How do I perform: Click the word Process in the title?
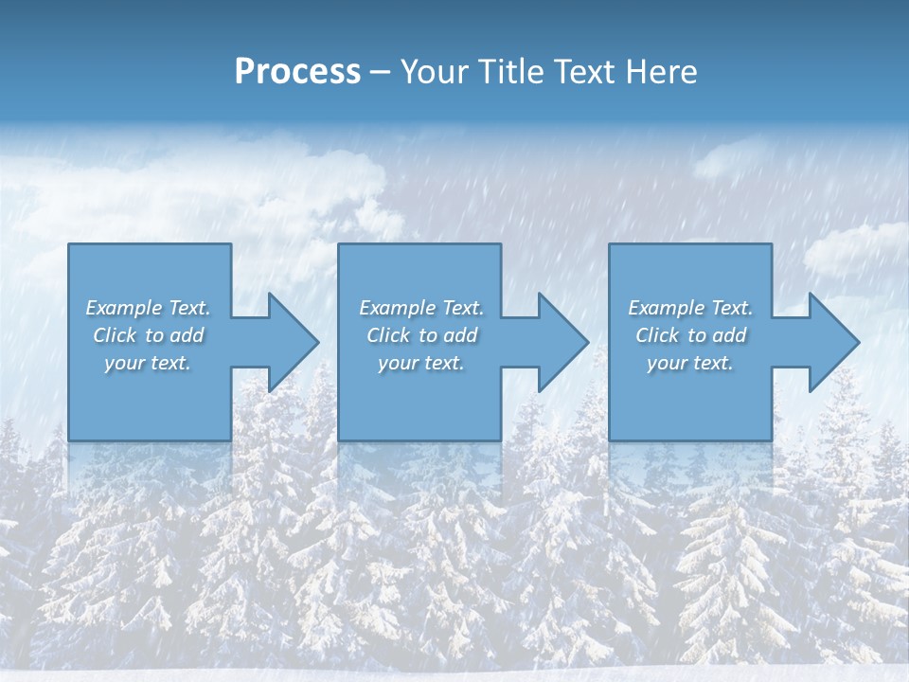point(297,72)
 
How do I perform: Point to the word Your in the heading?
point(434,72)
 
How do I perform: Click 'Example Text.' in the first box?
point(148,308)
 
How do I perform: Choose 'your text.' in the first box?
point(148,363)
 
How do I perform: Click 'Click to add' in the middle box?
point(421,335)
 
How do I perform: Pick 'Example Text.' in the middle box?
point(421,308)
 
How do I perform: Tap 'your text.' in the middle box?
point(421,363)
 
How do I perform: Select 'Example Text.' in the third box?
point(690,308)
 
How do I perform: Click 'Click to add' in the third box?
point(690,335)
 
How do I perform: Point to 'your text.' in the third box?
point(690,363)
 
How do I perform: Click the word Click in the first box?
point(115,335)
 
